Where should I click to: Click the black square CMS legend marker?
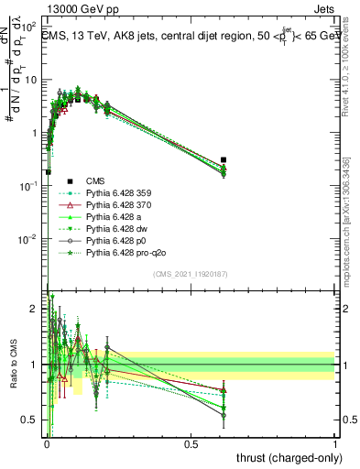[x=69, y=181]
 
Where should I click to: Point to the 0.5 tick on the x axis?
[x=191, y=443]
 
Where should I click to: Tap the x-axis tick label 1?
[x=335, y=443]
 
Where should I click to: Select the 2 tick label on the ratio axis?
[x=35, y=310]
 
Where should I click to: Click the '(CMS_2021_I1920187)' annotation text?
[x=189, y=274]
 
